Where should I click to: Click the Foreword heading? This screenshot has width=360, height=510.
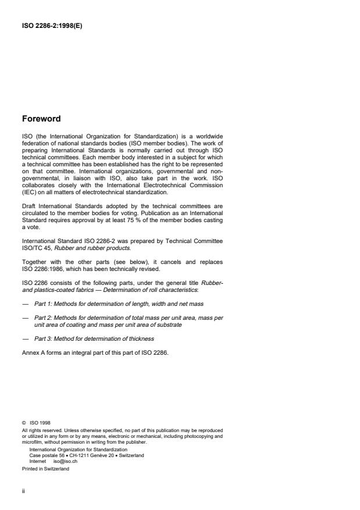[x=41, y=119]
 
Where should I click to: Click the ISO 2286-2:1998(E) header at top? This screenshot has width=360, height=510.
[x=52, y=25]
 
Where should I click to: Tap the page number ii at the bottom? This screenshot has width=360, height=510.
[x=23, y=490]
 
